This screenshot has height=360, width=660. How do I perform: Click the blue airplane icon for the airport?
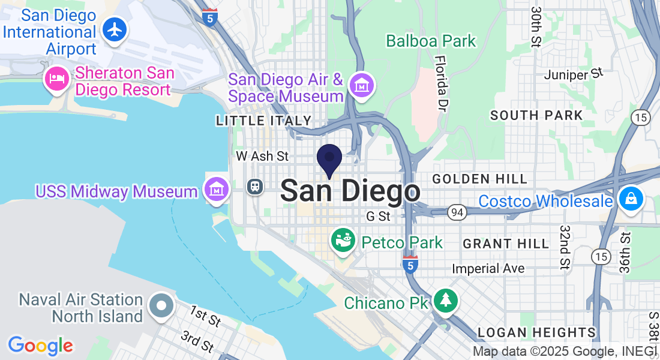(x=114, y=29)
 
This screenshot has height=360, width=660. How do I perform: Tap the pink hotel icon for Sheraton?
(x=58, y=79)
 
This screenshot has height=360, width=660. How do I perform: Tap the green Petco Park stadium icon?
(x=343, y=241)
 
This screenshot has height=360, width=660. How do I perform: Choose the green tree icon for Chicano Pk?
(x=445, y=301)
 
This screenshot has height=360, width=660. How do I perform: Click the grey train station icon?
(x=255, y=186)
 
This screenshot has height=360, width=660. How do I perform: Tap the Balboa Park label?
(x=431, y=41)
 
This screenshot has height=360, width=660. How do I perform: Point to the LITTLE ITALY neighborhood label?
(x=264, y=121)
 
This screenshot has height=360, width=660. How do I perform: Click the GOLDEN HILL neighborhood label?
(x=480, y=179)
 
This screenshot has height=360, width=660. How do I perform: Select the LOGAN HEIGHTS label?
(x=536, y=332)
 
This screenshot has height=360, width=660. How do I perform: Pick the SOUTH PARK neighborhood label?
(x=536, y=115)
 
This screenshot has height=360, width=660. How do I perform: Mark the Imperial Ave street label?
(x=488, y=268)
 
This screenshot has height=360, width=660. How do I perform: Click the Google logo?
(x=41, y=345)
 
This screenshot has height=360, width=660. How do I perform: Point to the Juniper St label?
(x=572, y=74)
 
